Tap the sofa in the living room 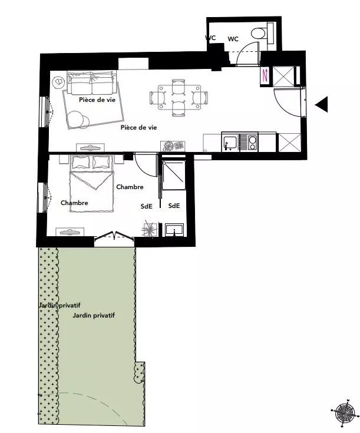click(91, 82)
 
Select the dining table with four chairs click(178, 98)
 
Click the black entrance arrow click(322, 104)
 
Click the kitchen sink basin click(230, 142)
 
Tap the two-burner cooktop click(253, 143)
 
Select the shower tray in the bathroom click(173, 176)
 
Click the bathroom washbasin click(174, 230)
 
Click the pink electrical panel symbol click(265, 75)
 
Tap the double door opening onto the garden click(114, 235)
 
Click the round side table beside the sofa click(58, 82)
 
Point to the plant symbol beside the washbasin click(150, 230)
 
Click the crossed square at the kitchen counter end click(289, 143)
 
